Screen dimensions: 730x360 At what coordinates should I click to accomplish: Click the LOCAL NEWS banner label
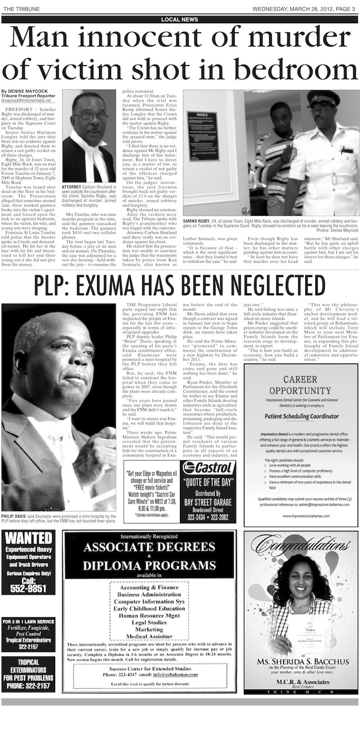(x=180, y=20)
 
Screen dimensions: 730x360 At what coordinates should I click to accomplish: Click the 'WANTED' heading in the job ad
(x=28, y=538)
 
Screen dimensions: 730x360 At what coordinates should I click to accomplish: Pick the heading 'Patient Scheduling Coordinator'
(x=302, y=416)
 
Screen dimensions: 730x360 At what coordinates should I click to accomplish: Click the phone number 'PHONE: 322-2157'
(x=28, y=686)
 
